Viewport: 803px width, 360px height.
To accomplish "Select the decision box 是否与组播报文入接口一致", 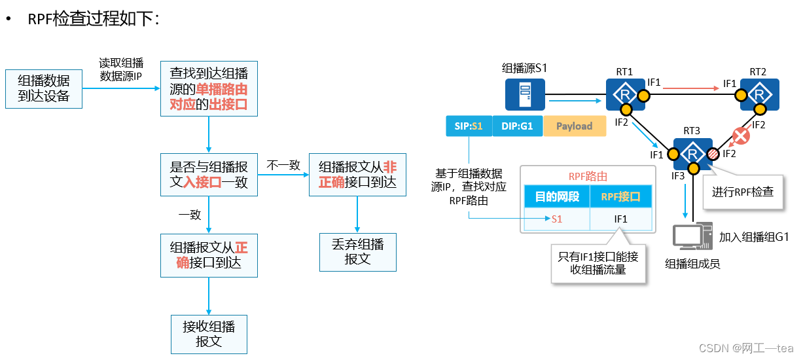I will pyautogui.click(x=209, y=175).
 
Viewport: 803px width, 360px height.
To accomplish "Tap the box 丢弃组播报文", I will pyautogui.click(x=357, y=252).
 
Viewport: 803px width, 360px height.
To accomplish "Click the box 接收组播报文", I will pyautogui.click(x=209, y=334).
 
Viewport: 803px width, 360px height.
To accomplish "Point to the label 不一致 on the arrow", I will pyautogui.click(x=283, y=166).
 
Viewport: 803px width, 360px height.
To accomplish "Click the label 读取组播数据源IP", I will pyautogui.click(x=120, y=69).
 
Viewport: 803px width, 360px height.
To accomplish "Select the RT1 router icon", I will pyautogui.click(x=624, y=95).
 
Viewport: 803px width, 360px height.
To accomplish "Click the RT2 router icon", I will pyautogui.click(x=759, y=95).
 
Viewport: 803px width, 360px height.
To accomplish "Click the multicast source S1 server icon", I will pyautogui.click(x=525, y=94).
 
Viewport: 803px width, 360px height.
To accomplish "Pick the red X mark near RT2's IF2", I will pyautogui.click(x=740, y=136).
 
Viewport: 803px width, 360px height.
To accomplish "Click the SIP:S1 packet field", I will pyautogui.click(x=468, y=126).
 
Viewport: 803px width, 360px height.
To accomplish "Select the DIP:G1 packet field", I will pyautogui.click(x=518, y=126).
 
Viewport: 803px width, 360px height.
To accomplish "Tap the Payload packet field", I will pyautogui.click(x=574, y=126).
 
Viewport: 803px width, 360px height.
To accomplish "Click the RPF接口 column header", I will pyautogui.click(x=620, y=196).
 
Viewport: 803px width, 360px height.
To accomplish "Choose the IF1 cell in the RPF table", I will pyautogui.click(x=620, y=219).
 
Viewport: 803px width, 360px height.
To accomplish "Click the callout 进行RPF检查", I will pyautogui.click(x=743, y=192).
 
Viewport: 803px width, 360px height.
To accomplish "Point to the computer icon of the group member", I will pyautogui.click(x=692, y=237).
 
